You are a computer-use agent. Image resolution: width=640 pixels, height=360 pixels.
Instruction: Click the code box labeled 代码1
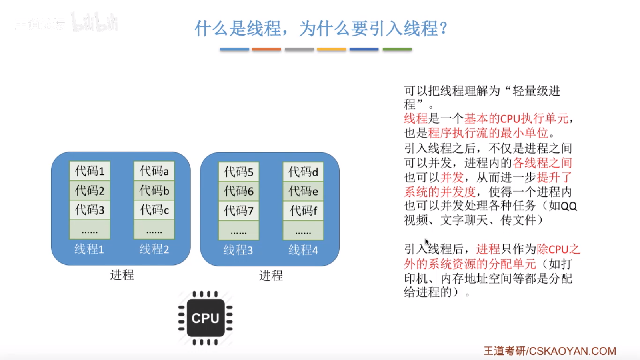[90, 171]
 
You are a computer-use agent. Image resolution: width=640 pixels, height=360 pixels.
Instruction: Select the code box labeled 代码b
[154, 190]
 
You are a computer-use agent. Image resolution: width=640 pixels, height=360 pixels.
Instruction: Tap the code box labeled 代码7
[238, 210]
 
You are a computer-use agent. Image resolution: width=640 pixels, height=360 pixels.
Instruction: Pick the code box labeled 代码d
[303, 172]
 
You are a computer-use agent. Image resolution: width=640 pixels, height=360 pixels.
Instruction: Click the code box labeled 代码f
[303, 210]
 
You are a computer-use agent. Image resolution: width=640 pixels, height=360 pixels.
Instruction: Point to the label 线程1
[89, 249]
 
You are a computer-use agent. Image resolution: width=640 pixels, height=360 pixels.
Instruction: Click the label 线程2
[154, 249]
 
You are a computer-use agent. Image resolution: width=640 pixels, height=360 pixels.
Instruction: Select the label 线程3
[238, 250]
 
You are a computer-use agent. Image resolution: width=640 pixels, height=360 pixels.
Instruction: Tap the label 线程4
[303, 250]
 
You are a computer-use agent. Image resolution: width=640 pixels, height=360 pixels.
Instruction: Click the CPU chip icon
[205, 318]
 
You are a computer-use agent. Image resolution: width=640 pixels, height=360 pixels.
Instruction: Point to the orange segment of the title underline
[266, 49]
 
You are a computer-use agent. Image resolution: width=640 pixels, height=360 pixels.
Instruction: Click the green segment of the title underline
[397, 49]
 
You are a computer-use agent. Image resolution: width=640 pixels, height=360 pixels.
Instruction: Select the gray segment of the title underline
[299, 49]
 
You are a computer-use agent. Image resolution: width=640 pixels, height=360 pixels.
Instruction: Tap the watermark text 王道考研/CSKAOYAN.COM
[550, 351]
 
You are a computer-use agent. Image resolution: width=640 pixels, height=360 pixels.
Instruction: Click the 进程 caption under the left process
[122, 275]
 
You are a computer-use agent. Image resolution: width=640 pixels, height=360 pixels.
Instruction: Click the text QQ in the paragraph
[569, 206]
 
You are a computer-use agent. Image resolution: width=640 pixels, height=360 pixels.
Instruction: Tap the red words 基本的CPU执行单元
[516, 118]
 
